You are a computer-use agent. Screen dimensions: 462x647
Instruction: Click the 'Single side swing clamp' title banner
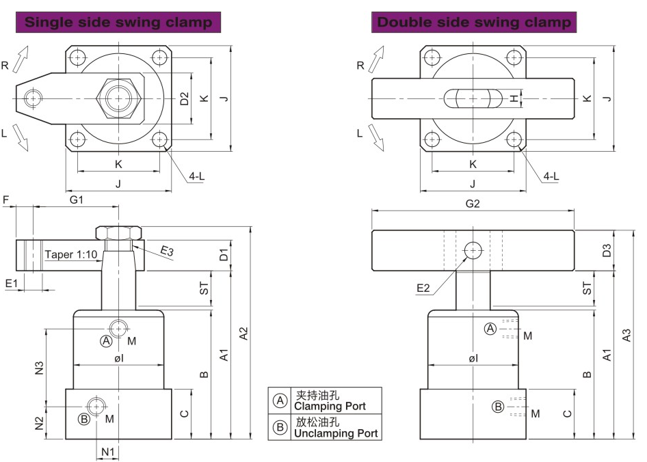tap(118, 22)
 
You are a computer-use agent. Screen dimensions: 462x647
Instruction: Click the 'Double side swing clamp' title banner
tap(474, 22)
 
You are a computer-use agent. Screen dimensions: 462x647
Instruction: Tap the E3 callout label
tap(167, 252)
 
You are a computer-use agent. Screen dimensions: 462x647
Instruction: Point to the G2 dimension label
tap(473, 203)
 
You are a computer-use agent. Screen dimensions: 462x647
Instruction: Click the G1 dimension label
tap(77, 200)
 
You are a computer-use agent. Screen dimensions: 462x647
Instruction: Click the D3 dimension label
tap(606, 250)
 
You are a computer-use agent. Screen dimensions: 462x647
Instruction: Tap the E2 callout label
tap(424, 288)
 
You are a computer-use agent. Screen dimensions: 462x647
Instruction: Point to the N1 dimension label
tap(108, 451)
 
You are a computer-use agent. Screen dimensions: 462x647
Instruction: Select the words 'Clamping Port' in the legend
tap(330, 406)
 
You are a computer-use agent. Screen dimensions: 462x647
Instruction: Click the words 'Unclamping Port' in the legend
tap(335, 433)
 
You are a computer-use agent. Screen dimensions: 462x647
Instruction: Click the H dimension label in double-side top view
tap(514, 99)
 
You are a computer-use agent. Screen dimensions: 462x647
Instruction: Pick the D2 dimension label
tap(184, 99)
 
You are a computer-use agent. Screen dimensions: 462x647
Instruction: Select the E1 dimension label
tap(12, 282)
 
